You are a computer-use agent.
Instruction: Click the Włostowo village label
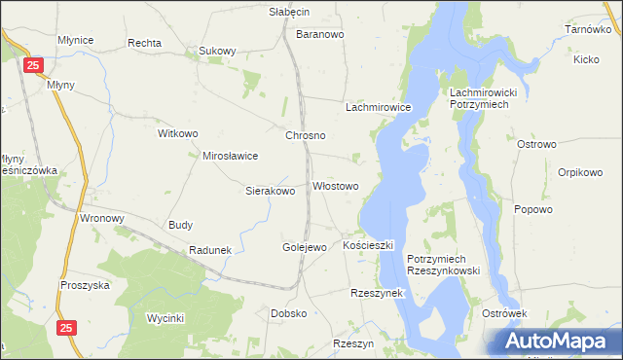tap(335, 186)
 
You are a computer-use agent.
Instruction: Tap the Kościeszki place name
tap(368, 245)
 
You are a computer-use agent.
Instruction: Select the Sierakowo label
tap(270, 191)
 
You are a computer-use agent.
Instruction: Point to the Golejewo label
tap(304, 247)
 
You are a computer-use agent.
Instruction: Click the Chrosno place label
tap(305, 135)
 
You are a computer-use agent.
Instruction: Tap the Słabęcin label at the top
tap(289, 12)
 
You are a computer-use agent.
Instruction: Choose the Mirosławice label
tap(230, 155)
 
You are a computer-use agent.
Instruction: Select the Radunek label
tap(210, 250)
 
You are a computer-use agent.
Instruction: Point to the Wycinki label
tap(165, 318)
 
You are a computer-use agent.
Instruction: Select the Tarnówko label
tap(587, 30)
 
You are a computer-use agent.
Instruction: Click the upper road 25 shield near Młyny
tap(34, 65)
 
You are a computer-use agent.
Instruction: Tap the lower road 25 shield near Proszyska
tap(66, 329)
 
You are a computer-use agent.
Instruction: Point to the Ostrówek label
tap(504, 313)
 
